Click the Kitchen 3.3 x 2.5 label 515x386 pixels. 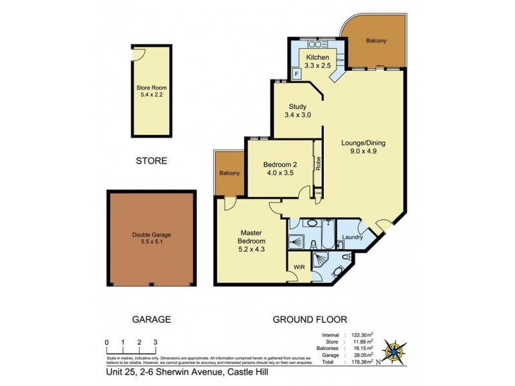point(317,62)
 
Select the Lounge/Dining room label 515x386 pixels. point(366,148)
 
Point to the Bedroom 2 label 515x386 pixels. point(280,169)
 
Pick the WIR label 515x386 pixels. point(299,265)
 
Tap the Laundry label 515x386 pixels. point(354,237)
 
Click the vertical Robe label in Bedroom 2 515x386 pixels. point(318,163)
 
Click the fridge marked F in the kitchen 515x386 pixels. point(296,74)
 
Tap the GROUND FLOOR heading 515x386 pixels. point(310,319)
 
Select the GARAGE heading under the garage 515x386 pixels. point(151,319)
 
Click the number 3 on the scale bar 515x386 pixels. point(154,342)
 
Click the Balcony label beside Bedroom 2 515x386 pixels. point(229,173)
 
